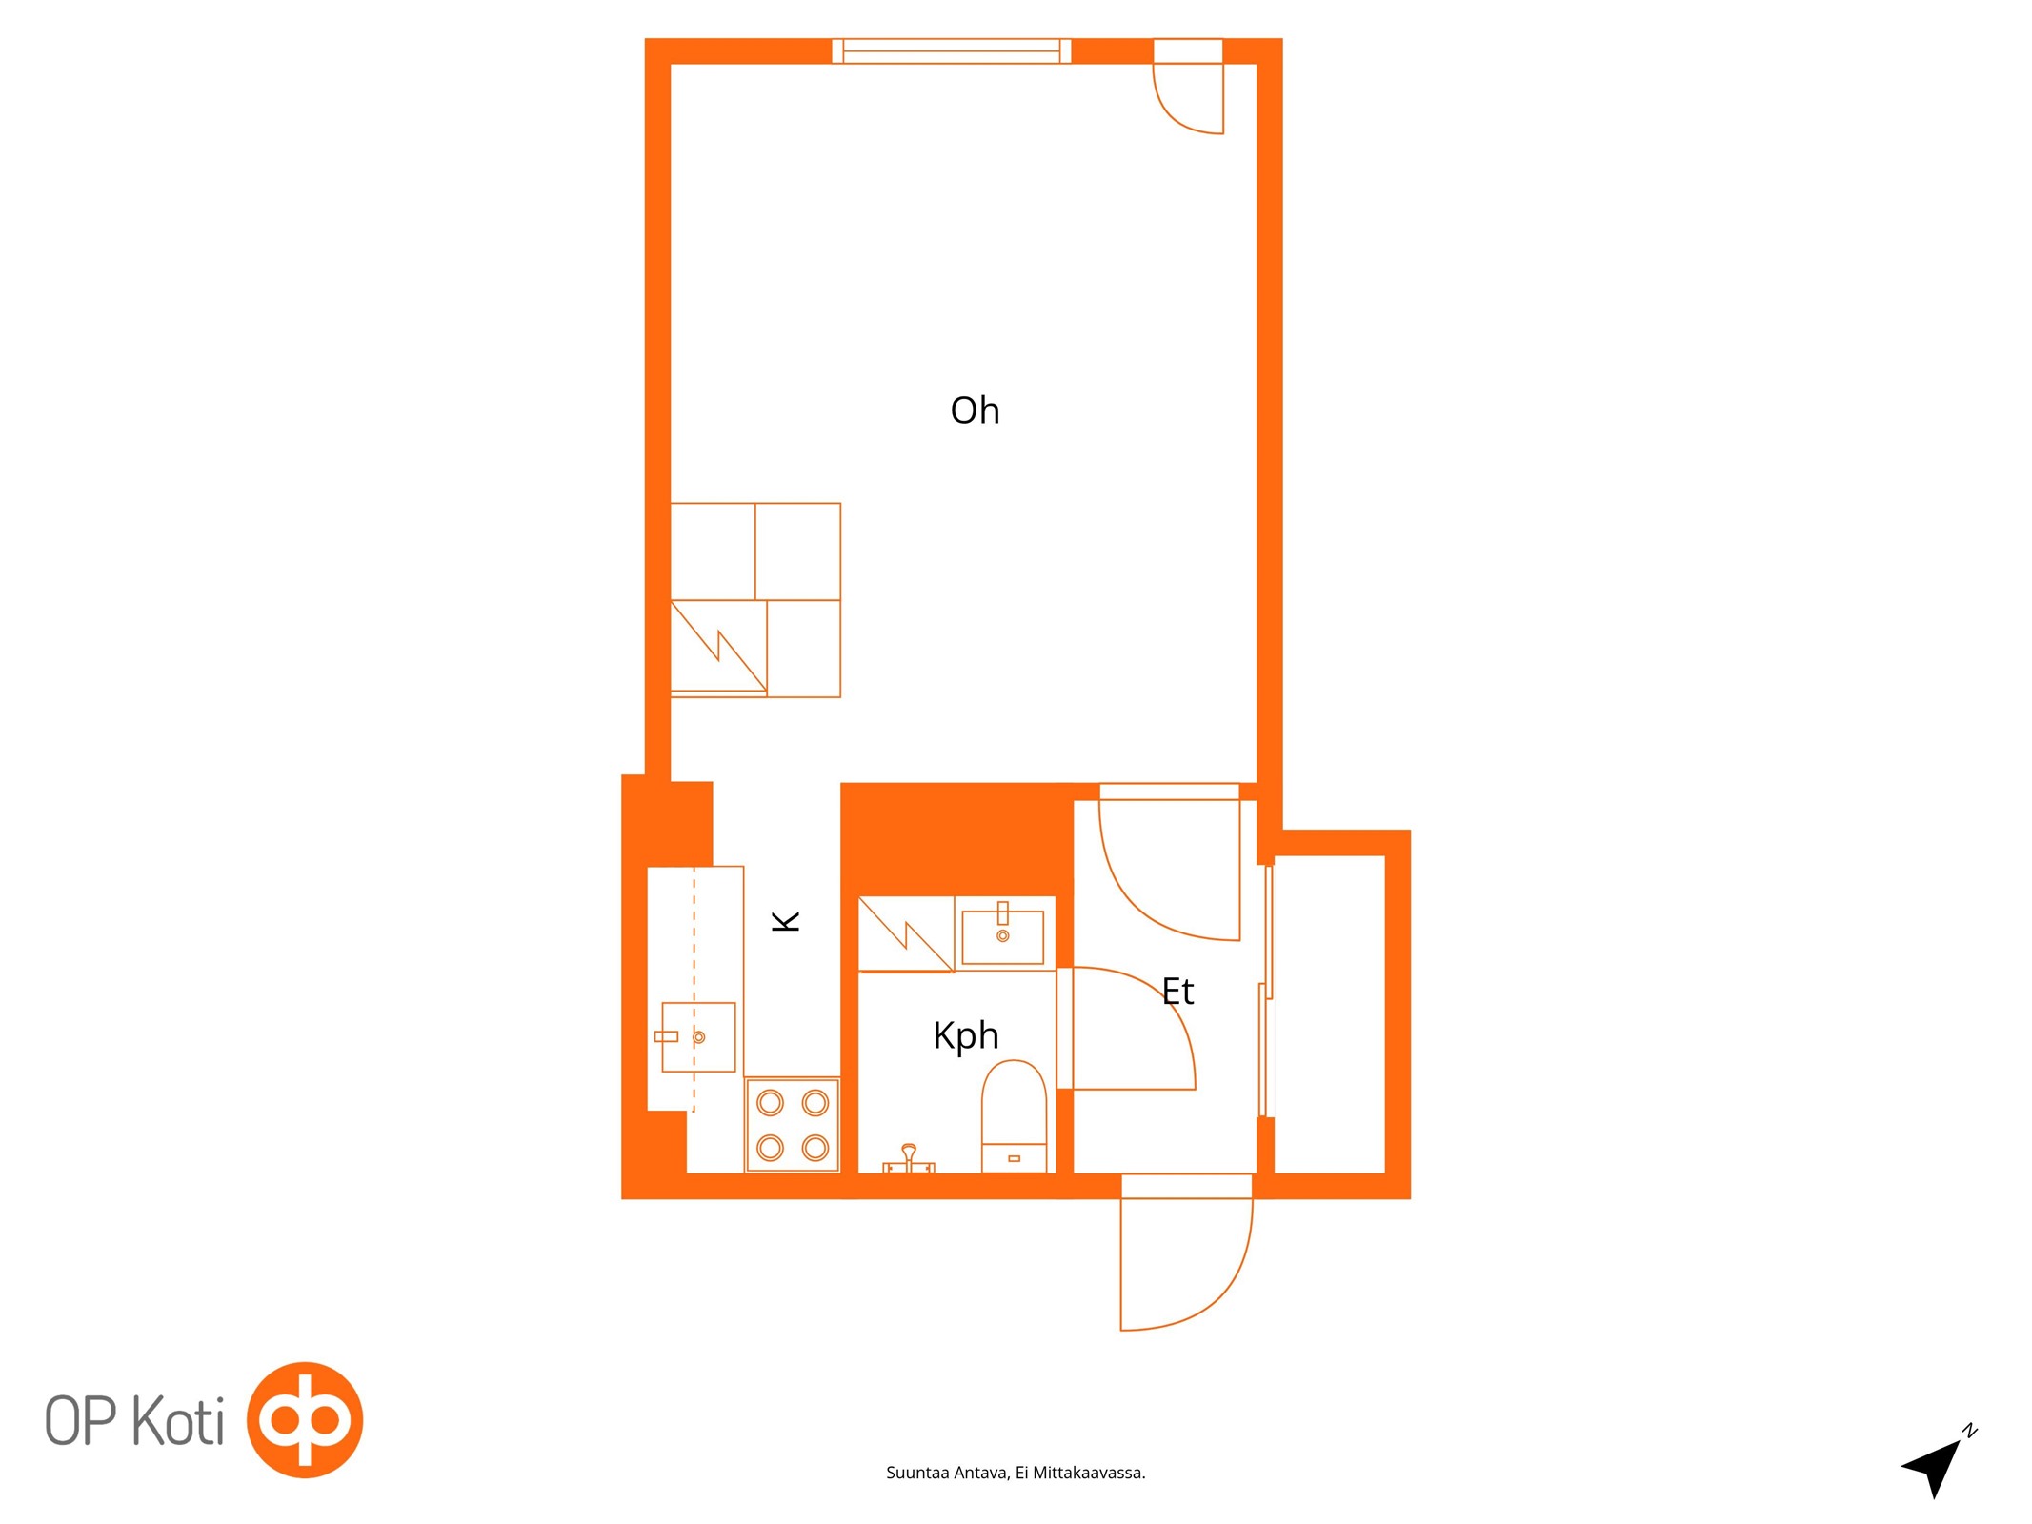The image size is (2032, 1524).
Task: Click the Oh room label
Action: click(975, 411)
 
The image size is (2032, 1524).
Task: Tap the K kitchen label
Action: click(786, 921)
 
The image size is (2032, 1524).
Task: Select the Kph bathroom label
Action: click(965, 1036)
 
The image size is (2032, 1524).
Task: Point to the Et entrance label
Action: click(1177, 992)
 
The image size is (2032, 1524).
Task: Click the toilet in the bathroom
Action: click(1014, 1115)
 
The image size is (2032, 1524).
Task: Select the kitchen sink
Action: click(698, 1036)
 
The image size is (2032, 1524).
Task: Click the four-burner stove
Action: click(792, 1125)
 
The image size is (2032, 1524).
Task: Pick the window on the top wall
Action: click(951, 50)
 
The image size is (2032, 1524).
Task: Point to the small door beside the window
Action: click(1188, 86)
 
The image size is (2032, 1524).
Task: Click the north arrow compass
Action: click(1937, 1466)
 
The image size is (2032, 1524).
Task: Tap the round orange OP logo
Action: click(305, 1420)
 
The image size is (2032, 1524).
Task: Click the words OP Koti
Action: click(134, 1421)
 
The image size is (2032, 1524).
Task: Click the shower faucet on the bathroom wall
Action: click(909, 1159)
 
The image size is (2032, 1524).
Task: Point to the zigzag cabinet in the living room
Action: click(718, 647)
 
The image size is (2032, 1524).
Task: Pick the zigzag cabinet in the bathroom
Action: click(906, 934)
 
